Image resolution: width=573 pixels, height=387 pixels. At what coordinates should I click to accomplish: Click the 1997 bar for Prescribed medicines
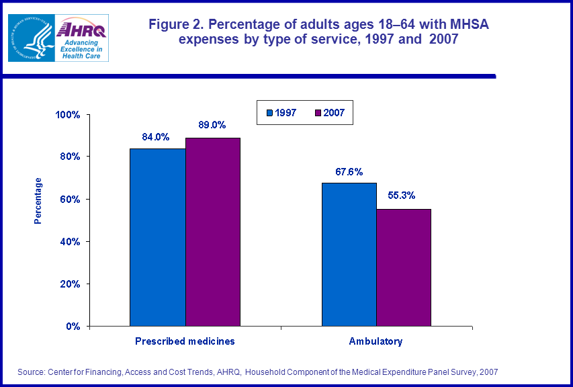click(157, 237)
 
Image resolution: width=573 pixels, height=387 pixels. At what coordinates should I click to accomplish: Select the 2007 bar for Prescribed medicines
click(213, 232)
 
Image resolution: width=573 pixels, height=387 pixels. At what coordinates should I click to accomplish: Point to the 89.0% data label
click(212, 125)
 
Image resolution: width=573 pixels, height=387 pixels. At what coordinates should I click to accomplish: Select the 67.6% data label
click(349, 171)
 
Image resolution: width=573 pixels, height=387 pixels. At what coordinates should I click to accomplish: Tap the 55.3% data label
click(402, 196)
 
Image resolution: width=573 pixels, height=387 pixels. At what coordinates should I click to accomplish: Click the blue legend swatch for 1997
click(269, 113)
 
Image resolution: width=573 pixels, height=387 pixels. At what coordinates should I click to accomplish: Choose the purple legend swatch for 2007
click(318, 113)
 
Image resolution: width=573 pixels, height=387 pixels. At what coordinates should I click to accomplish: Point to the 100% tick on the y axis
click(68, 115)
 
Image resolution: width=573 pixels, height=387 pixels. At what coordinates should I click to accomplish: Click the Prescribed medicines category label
click(185, 341)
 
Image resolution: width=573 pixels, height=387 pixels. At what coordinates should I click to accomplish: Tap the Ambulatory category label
click(376, 341)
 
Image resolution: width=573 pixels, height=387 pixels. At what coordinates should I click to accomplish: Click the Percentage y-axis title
click(38, 200)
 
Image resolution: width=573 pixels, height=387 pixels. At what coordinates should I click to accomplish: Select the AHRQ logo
click(83, 38)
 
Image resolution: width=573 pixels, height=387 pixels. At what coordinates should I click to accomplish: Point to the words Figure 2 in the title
click(176, 26)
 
